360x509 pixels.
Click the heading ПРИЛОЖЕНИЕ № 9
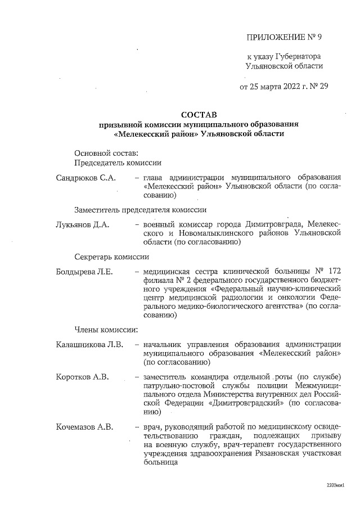tap(285, 38)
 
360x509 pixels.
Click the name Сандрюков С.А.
tap(85, 178)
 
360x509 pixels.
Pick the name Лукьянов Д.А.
tap(82, 224)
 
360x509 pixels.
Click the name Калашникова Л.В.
tap(89, 345)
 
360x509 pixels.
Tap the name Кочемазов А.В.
tap(85, 427)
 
